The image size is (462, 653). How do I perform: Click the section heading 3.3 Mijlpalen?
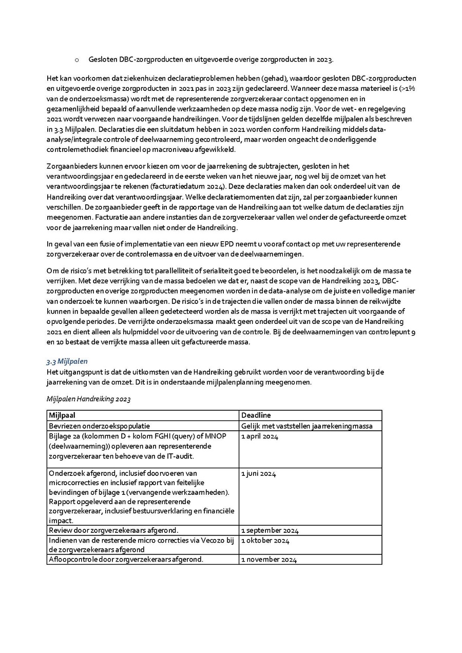67,361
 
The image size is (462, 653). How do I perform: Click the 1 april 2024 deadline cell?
259,436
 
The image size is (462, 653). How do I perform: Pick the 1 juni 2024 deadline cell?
258,473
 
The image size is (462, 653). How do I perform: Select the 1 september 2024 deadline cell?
269,530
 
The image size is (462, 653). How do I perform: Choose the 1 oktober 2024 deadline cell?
265,541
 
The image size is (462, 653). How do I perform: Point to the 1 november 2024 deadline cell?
268,560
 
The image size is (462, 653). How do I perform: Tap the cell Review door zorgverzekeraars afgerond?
113,530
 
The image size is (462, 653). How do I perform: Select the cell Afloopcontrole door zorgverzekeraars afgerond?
126,560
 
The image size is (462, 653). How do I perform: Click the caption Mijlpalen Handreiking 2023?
88,399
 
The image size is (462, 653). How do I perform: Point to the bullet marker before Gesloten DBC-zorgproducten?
76,60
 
